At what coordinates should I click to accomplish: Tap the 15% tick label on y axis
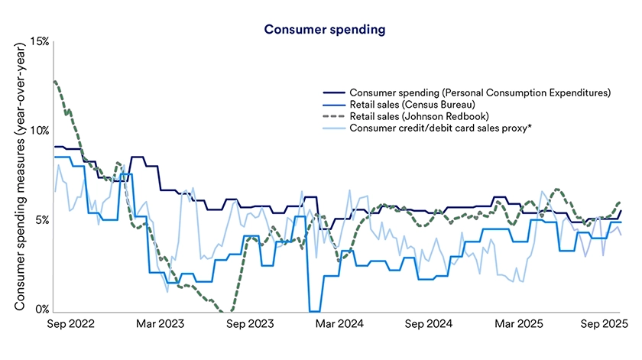(39, 41)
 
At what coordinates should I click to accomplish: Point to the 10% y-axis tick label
(39, 131)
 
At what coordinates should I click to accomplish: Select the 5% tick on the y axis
(42, 220)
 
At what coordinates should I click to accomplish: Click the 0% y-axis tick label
(42, 310)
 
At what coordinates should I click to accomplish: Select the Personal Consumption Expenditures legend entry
(479, 92)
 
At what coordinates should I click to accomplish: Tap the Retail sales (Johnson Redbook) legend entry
(419, 115)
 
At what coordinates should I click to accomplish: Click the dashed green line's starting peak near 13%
(54, 81)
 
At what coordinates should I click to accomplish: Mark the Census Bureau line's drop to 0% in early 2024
(314, 310)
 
